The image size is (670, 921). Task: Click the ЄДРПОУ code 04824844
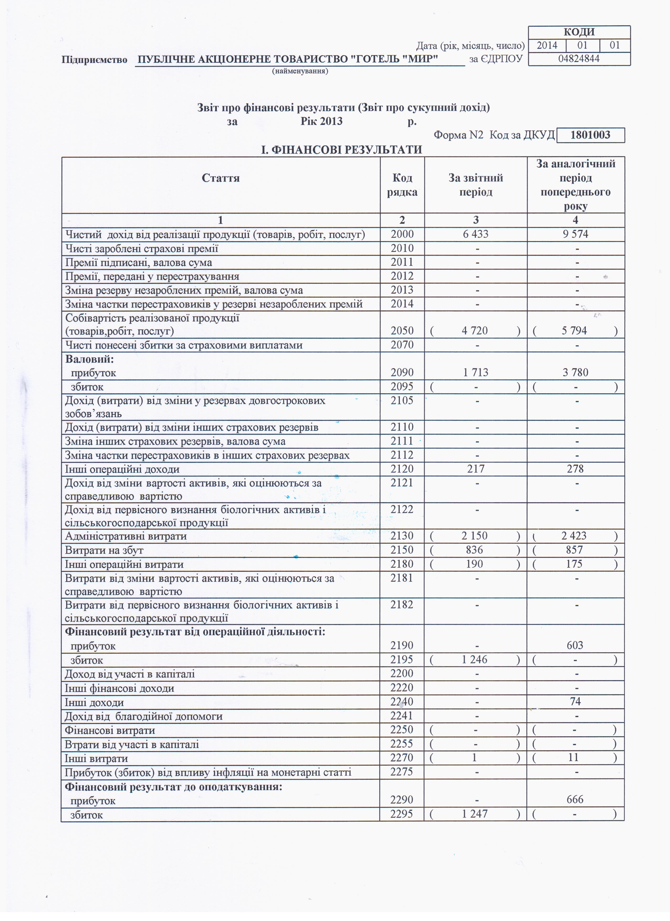579,59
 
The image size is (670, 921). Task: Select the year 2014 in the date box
547,45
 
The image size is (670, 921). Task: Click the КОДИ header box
579,32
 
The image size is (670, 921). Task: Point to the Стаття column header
220,178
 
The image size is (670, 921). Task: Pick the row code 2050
402,331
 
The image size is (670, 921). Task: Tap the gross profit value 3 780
575,372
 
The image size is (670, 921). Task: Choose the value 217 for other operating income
475,469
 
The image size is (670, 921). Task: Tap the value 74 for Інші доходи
575,701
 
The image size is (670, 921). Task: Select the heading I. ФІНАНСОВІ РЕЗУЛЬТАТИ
341,150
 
